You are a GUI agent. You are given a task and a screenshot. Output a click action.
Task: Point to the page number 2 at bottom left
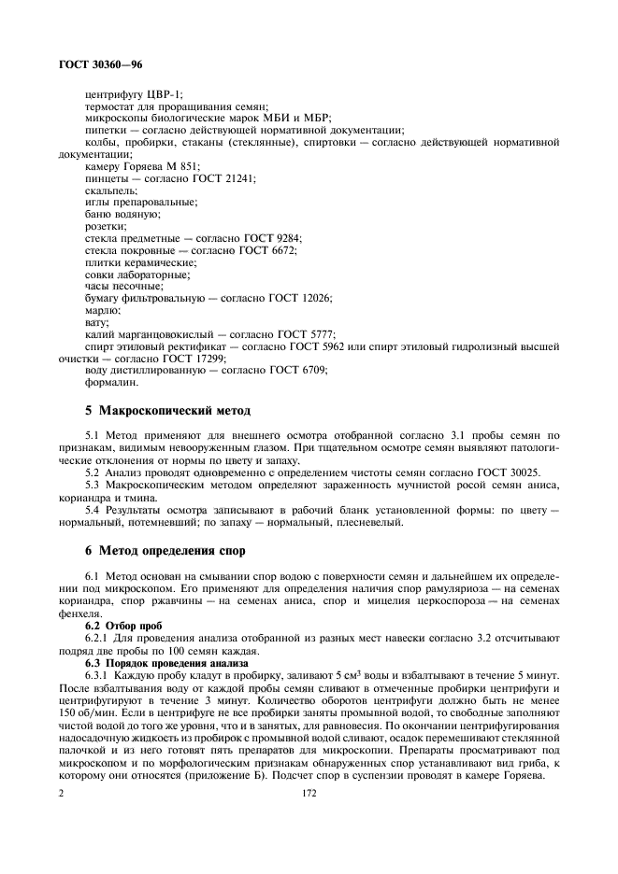[x=61, y=793]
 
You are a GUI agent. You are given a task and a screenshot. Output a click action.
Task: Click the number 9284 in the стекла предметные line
[x=283, y=238]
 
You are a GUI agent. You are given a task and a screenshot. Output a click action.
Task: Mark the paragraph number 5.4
[x=93, y=509]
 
